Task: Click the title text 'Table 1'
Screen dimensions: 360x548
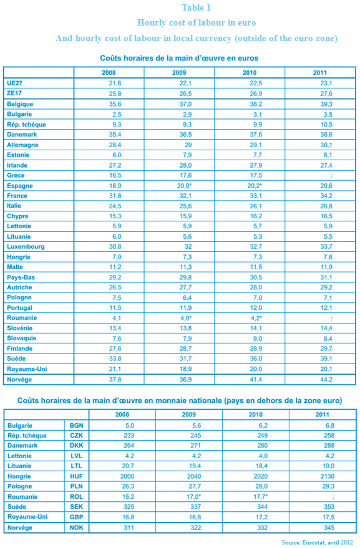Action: click(197, 7)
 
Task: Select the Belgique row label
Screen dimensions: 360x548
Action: click(20, 104)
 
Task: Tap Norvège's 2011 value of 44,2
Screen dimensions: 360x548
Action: click(326, 380)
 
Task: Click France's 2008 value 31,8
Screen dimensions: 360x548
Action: click(115, 196)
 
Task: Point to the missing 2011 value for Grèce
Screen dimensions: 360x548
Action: click(331, 175)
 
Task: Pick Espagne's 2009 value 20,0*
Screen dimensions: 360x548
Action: click(185, 186)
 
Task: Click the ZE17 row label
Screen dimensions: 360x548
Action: click(14, 94)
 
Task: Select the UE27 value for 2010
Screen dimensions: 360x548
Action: click(256, 83)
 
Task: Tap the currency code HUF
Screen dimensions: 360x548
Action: click(76, 476)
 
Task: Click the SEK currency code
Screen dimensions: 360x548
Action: click(76, 507)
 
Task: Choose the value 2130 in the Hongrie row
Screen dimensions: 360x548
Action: click(327, 476)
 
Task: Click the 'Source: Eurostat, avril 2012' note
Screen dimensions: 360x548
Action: click(318, 542)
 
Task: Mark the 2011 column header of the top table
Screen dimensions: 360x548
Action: click(320, 73)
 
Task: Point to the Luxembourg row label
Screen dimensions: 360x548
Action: click(26, 247)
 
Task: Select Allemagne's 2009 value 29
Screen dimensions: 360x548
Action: click(188, 145)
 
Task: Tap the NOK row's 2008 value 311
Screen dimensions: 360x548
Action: click(129, 527)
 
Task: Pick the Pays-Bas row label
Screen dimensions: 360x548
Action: click(21, 277)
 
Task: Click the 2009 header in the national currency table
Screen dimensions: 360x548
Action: click(188, 415)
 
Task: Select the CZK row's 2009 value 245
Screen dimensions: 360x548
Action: click(196, 435)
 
